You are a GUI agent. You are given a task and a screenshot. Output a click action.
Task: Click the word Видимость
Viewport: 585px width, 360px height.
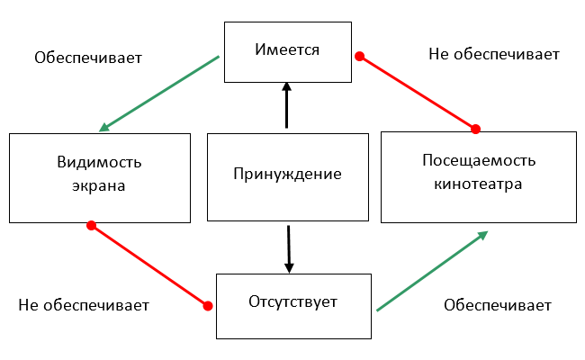(99, 162)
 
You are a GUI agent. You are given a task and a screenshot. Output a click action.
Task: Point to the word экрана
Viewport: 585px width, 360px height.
(98, 185)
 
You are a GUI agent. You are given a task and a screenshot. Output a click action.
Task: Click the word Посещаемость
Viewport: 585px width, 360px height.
(479, 160)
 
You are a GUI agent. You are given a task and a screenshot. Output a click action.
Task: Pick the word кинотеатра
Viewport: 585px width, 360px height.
(478, 184)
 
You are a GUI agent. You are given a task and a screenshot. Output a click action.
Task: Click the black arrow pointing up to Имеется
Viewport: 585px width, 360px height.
(286, 105)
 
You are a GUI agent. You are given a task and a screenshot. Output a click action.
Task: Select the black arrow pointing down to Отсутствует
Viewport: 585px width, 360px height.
(289, 249)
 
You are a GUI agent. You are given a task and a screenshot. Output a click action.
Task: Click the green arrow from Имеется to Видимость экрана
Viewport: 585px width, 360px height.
(159, 94)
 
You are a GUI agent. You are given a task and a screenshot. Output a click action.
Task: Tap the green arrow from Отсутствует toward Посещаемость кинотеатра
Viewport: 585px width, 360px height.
(432, 271)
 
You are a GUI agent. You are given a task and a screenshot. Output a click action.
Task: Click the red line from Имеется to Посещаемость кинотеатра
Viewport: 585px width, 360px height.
(418, 93)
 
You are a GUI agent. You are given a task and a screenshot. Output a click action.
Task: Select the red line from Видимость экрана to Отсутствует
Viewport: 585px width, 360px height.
(149, 265)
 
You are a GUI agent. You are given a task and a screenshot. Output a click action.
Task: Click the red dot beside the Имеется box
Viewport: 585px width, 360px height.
(360, 57)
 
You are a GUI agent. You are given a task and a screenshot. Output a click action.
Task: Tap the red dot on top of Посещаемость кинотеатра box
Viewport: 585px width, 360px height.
(476, 129)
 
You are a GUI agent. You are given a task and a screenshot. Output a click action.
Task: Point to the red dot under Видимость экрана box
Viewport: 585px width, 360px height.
(92, 225)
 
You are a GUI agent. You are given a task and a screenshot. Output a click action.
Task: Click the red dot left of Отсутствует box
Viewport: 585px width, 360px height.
(208, 306)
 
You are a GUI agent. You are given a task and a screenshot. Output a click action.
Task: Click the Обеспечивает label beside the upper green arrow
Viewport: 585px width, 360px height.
(88, 58)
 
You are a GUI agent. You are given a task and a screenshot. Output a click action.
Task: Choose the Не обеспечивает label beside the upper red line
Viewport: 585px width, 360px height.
(494, 54)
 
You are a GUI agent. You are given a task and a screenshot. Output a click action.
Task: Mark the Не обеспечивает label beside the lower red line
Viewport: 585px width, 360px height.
(84, 305)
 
